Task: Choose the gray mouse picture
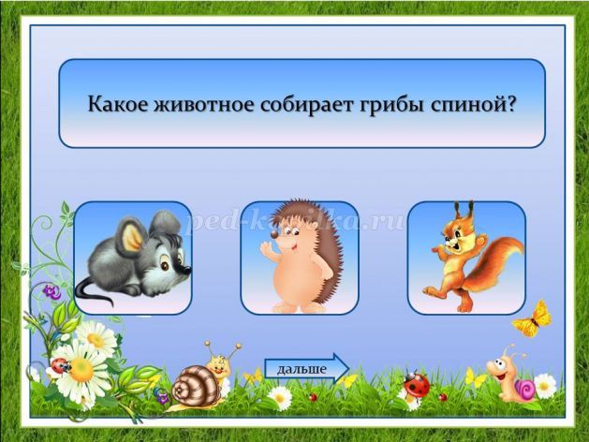pos(133,259)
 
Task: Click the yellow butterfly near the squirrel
pos(533,319)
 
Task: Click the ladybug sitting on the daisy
pos(60,365)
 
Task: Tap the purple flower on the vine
pos(52,292)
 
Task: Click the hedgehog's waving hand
pos(266,248)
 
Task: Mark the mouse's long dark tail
pos(92,292)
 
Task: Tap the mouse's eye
pos(165,266)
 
